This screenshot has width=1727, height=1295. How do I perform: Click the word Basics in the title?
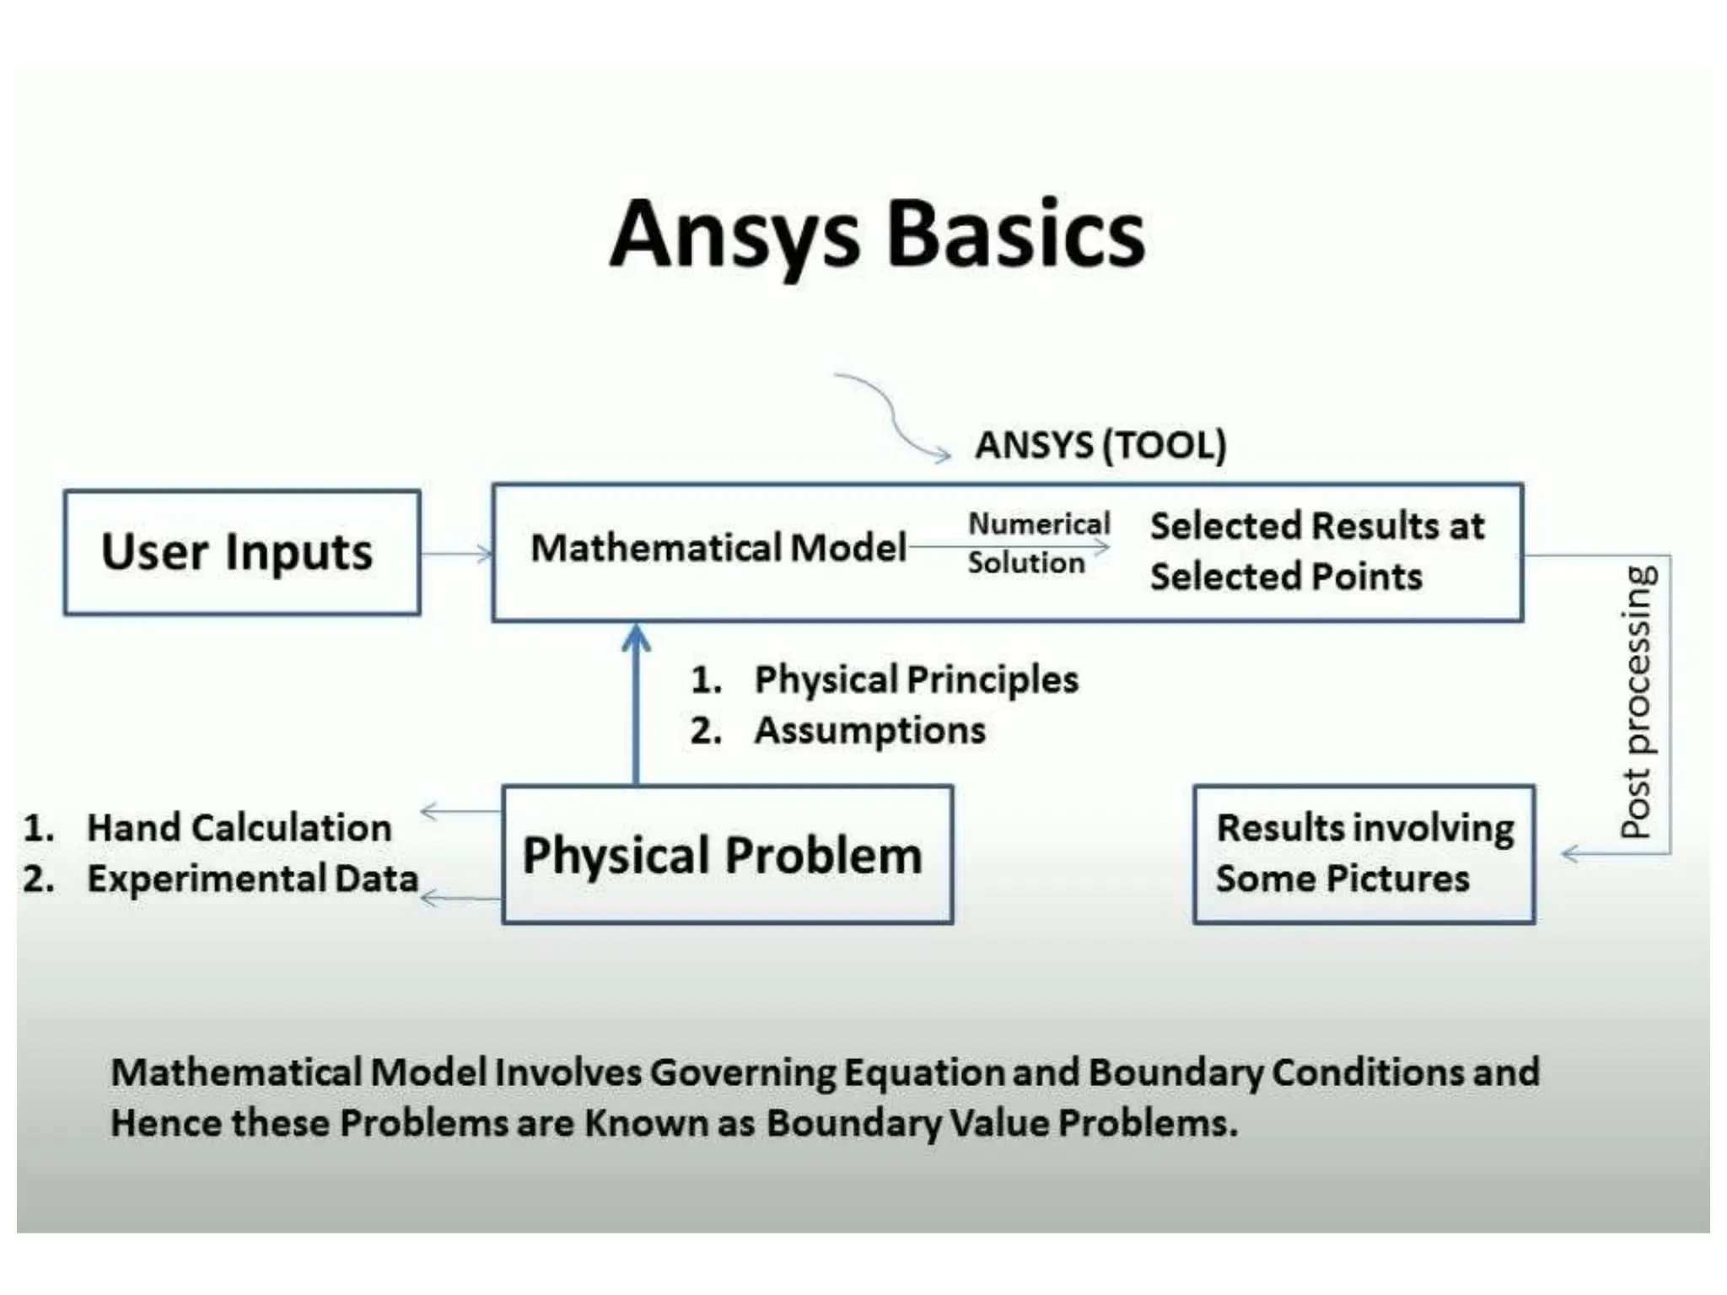coord(1016,234)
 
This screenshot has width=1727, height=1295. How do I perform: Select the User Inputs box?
coord(241,552)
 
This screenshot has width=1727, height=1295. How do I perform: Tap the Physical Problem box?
coord(727,855)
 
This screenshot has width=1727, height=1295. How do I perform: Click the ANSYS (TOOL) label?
coord(1100,444)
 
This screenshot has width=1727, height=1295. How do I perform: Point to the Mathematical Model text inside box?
coord(718,548)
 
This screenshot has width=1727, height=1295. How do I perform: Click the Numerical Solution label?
coord(1037,543)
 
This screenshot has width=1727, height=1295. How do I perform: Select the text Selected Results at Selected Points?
coord(1315,551)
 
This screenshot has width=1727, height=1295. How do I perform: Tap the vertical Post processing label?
coord(1638,701)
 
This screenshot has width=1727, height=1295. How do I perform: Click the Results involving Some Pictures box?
coord(1364,854)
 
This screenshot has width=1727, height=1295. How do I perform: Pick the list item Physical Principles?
coord(915,680)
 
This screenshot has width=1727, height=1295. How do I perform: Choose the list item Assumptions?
coord(869,730)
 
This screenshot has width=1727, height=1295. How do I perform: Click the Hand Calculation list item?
coord(239,828)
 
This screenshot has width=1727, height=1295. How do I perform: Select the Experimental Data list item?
coord(252,879)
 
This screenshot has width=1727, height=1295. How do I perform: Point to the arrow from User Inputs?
coord(456,554)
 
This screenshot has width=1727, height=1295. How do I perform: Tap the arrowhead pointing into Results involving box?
coord(1569,854)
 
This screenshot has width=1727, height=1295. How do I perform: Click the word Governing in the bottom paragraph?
coord(742,1072)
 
